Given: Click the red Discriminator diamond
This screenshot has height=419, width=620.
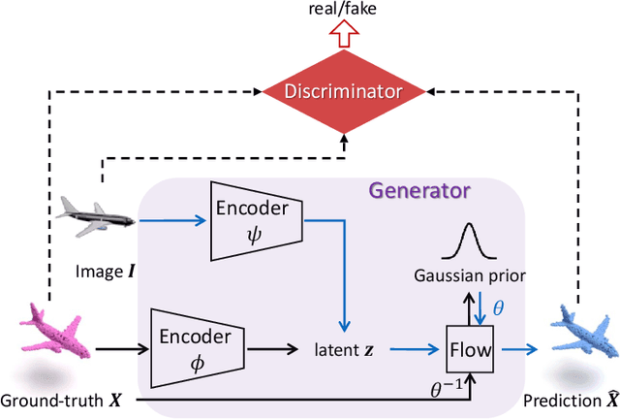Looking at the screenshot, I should (346, 93).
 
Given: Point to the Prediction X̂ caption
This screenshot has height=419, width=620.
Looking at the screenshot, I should (568, 401).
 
